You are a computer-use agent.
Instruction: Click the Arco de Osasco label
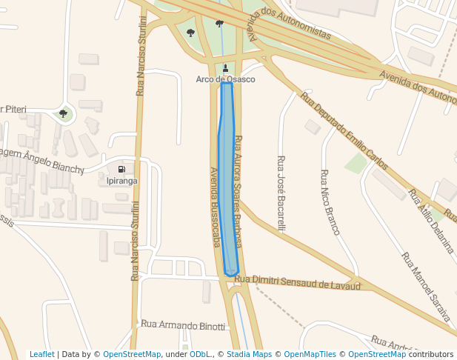click(225, 79)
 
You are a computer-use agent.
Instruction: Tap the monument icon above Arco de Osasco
click(225, 68)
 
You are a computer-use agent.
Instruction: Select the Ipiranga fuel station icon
click(121, 170)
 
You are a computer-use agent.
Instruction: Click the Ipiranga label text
click(121, 181)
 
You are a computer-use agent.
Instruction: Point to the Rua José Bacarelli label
click(281, 193)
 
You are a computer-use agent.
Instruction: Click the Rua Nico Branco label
click(330, 202)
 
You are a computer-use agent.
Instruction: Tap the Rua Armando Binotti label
click(183, 325)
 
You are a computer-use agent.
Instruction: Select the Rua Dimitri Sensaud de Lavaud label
click(297, 281)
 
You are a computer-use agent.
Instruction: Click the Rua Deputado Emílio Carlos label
click(344, 130)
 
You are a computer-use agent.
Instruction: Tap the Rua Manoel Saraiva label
click(425, 287)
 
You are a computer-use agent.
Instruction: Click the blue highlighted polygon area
click(227, 185)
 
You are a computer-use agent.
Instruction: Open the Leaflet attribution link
click(41, 355)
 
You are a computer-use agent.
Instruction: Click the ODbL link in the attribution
click(200, 355)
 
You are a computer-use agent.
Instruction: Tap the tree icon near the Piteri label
click(63, 113)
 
